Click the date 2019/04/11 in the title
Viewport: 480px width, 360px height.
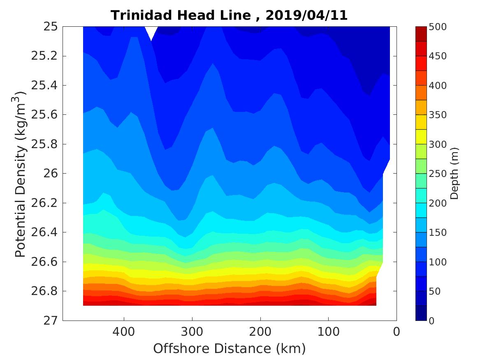pos(306,16)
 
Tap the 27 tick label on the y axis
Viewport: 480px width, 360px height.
pos(49,321)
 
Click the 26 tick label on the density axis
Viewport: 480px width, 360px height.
pos(49,174)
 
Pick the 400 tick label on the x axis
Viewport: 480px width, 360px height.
pos(124,332)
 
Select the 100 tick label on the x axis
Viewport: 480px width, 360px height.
pos(328,332)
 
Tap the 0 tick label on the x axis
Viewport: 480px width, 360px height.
pos(397,332)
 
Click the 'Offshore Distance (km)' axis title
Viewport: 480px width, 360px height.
pos(230,348)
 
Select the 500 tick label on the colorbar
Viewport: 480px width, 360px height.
pos(438,27)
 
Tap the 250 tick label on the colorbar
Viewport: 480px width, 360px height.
pos(438,174)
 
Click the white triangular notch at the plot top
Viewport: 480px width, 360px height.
pos(151,31)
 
